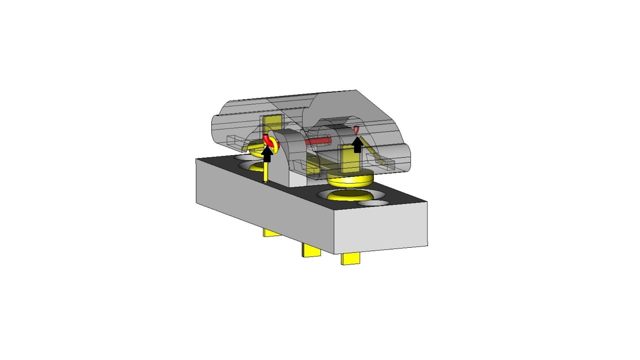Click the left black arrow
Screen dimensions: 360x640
(x=267, y=155)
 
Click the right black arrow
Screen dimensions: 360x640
(x=358, y=145)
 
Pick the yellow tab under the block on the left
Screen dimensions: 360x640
(x=272, y=232)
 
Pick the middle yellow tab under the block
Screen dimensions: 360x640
(x=312, y=250)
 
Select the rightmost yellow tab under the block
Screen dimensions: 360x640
(x=351, y=259)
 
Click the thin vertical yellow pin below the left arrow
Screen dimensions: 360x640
(x=266, y=172)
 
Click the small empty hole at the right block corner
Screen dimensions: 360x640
(x=373, y=203)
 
